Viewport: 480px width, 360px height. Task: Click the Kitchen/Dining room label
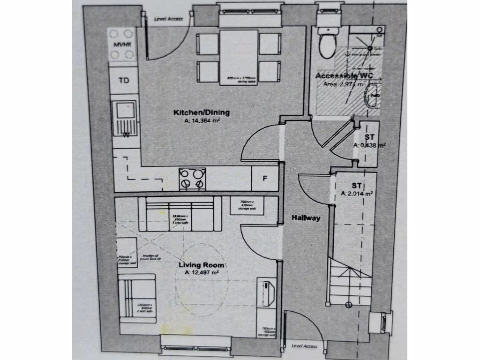tap(202, 112)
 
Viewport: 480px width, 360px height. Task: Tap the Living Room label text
tap(202, 265)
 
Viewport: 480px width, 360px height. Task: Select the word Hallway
tap(306, 218)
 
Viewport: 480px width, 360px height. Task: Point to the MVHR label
tap(121, 45)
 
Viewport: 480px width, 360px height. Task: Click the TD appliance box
tap(124, 81)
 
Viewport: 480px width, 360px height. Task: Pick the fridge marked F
tap(265, 179)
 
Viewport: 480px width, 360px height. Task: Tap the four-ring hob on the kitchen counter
tap(192, 179)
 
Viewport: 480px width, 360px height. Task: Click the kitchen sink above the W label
tap(125, 112)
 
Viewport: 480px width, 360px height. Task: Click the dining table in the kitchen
tap(239, 57)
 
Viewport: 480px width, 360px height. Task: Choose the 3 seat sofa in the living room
tap(180, 214)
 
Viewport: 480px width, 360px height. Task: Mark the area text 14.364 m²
tap(202, 120)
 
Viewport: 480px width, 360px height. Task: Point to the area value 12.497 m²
tap(202, 272)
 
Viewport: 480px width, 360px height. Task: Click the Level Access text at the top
tap(168, 19)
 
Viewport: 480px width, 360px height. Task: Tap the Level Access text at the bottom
tap(304, 346)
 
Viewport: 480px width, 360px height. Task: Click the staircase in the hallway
tap(349, 281)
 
